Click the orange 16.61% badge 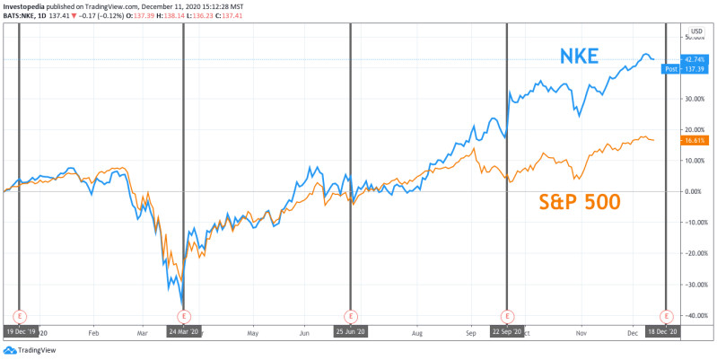(x=694, y=140)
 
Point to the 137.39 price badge (x=694, y=69)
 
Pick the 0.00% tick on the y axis (x=695, y=191)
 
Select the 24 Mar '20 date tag (x=183, y=331)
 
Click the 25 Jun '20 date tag (x=349, y=331)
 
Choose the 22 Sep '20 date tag (x=507, y=331)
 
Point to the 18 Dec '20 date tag (x=665, y=331)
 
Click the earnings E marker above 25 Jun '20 (x=349, y=316)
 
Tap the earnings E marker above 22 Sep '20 (x=507, y=316)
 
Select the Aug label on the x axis (x=416, y=331)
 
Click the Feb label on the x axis (x=93, y=331)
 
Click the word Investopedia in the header (x=30, y=6)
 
